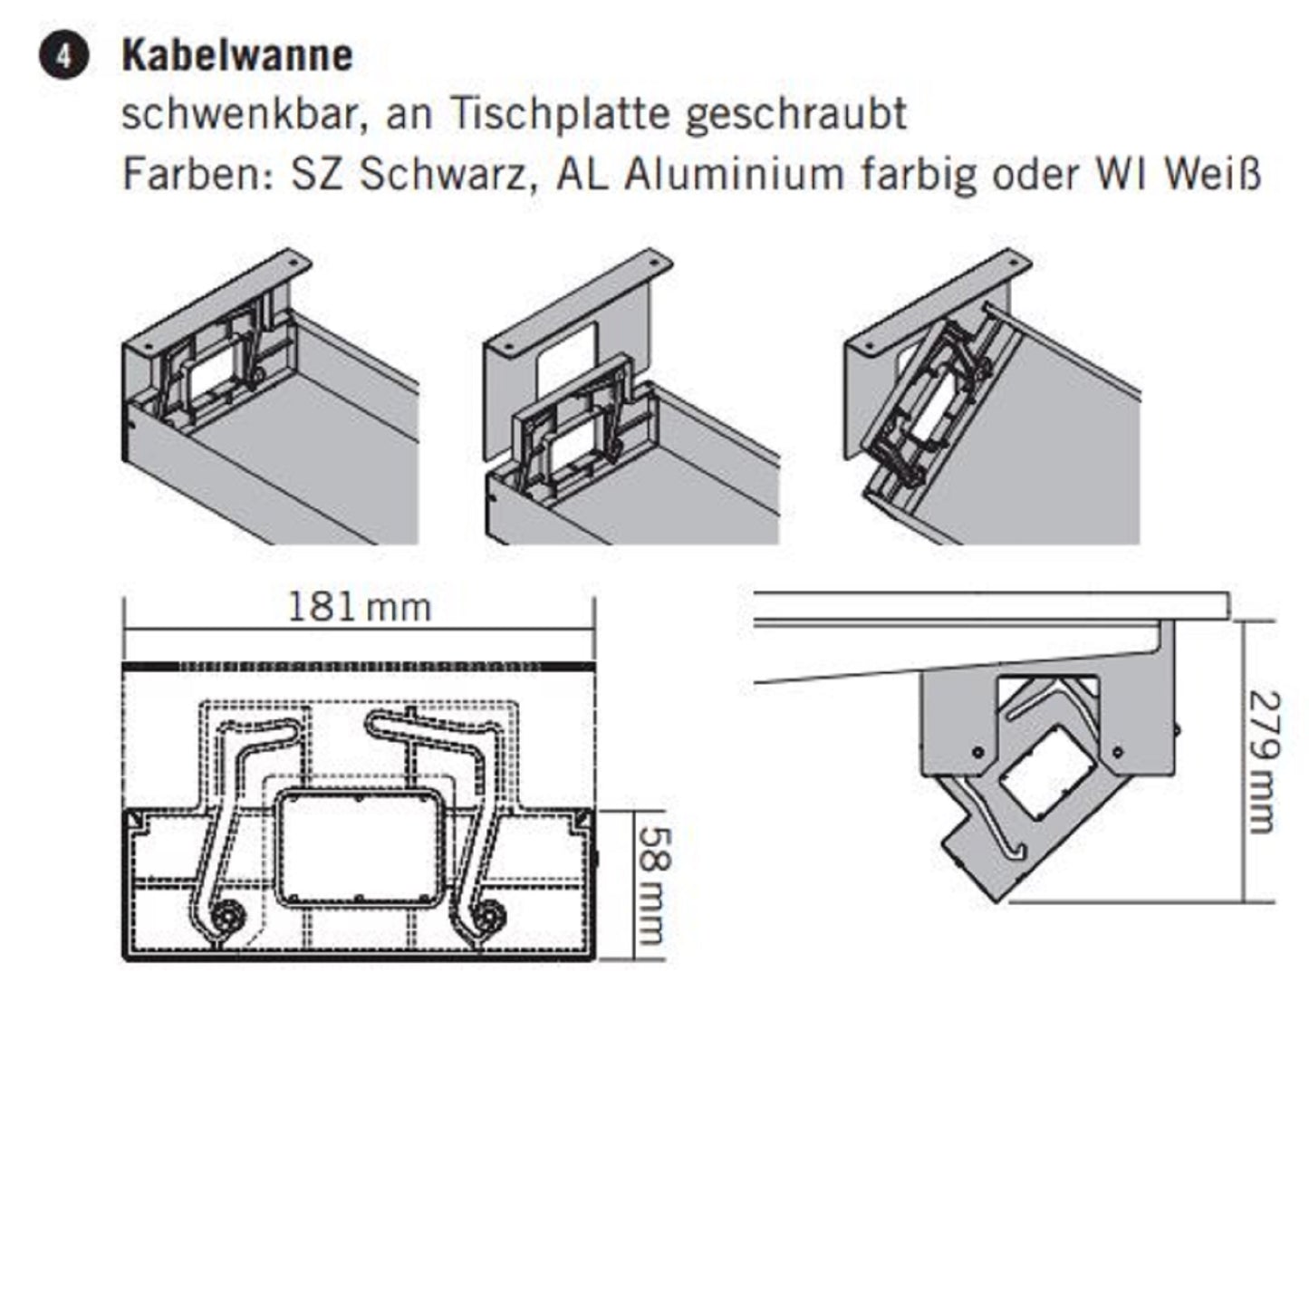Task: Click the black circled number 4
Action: [x=63, y=56]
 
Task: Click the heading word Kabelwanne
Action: [x=237, y=56]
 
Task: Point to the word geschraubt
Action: [x=795, y=116]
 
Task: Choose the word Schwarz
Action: [x=442, y=174]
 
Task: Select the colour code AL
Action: [x=581, y=174]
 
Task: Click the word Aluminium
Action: [x=734, y=174]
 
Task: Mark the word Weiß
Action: [x=1213, y=174]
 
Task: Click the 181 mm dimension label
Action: [x=359, y=607]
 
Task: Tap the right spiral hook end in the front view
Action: [x=491, y=918]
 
